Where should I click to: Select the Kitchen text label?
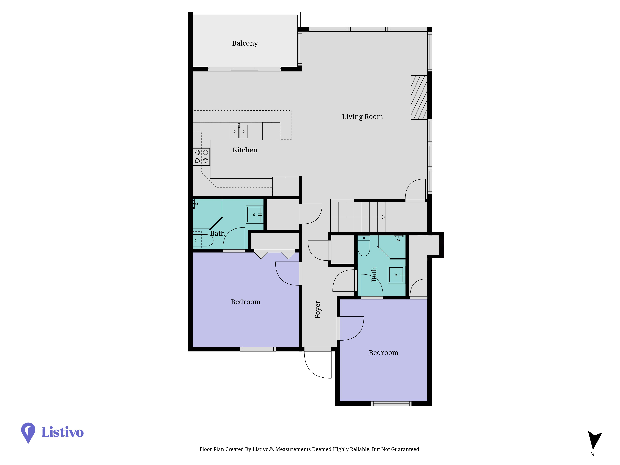point(245,150)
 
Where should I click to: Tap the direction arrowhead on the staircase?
point(383,217)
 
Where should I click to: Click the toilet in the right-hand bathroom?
point(364,246)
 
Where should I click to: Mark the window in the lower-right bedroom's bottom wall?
point(391,404)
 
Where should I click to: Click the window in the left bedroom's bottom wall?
point(258,349)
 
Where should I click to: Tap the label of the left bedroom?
point(246,302)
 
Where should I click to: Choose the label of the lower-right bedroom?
point(383,353)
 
